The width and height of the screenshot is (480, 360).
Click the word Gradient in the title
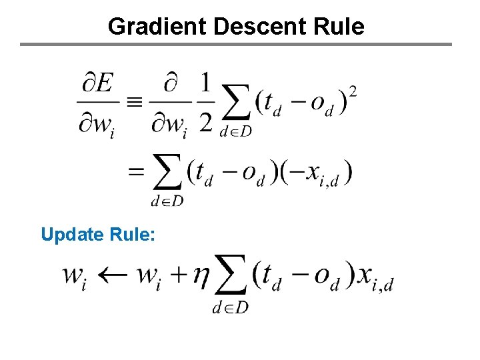pos(157,26)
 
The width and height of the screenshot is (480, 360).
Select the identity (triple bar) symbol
pos(134,102)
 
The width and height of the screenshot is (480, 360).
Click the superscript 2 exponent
pos(352,91)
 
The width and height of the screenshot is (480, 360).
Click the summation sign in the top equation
pos(235,102)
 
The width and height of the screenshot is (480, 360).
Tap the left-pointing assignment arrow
pos(112,275)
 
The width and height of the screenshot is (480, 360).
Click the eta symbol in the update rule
pos(201,277)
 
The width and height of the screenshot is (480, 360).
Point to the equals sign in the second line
pos(135,172)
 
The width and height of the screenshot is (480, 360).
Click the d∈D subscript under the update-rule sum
pos(230,307)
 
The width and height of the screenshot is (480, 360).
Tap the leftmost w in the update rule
pos(75,276)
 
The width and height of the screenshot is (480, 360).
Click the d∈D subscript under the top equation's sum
pos(235,131)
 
